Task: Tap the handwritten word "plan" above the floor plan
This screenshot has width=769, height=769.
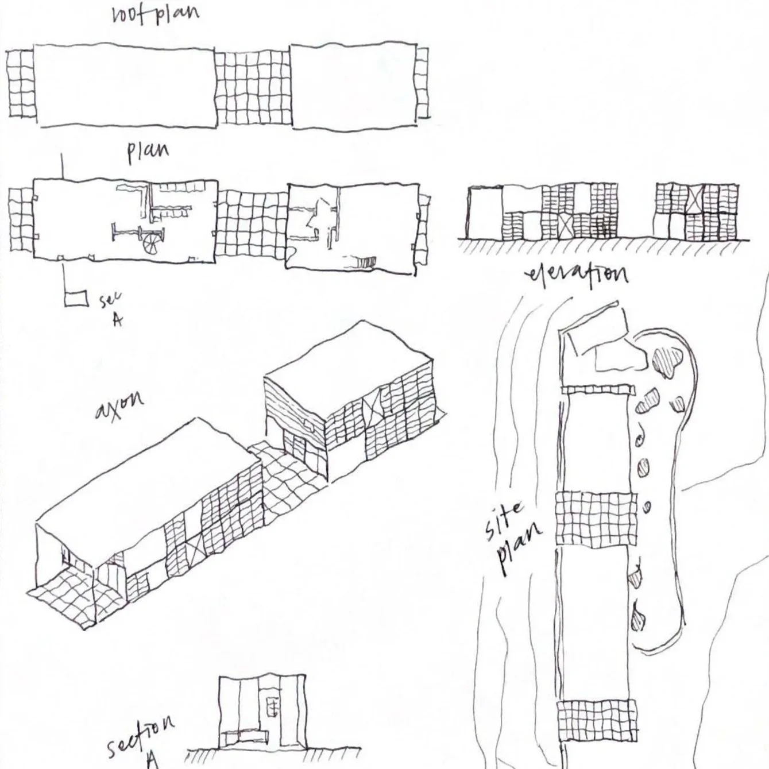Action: [x=148, y=152]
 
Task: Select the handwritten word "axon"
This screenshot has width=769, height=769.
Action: [x=119, y=408]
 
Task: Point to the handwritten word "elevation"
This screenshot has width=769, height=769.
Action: [x=577, y=275]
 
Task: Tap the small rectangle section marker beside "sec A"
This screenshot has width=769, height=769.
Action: [x=76, y=299]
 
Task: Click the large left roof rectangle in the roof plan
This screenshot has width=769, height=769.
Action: [x=125, y=85]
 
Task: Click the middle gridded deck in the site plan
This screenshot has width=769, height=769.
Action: [x=598, y=519]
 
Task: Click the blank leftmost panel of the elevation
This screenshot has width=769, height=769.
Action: [x=485, y=213]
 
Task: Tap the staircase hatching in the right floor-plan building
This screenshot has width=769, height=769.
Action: [x=365, y=263]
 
